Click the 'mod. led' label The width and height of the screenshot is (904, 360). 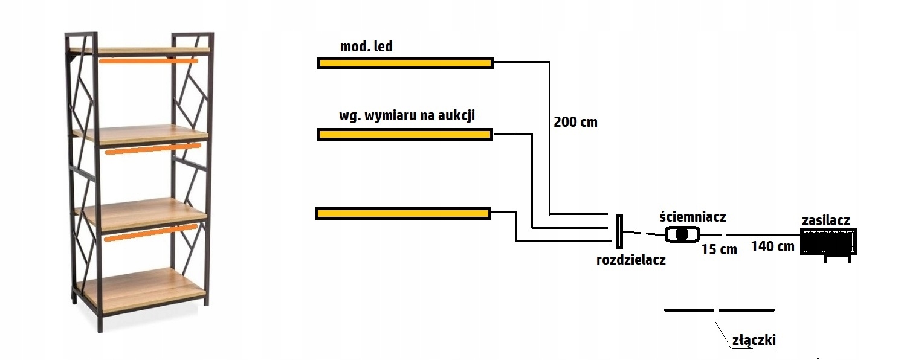click(366, 47)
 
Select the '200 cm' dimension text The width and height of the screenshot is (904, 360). click(575, 122)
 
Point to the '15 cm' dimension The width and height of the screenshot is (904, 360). click(719, 249)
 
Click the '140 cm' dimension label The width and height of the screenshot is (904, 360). click(772, 246)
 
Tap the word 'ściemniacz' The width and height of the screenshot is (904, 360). click(693, 216)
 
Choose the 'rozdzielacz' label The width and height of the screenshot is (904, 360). click(631, 260)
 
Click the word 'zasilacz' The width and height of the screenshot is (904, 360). click(825, 220)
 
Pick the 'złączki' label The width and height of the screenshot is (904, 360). click(754, 340)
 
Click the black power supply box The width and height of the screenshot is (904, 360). click(828, 242)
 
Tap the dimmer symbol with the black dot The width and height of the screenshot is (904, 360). click(682, 234)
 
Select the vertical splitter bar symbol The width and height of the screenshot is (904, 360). click(618, 231)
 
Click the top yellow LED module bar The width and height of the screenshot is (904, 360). click(405, 63)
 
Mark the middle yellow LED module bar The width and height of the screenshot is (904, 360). click(404, 134)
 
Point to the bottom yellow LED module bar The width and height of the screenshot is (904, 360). click(402, 213)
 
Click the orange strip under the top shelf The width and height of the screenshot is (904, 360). click(149, 61)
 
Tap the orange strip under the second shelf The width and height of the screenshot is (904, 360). click(152, 149)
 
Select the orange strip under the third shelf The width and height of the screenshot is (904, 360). click(150, 233)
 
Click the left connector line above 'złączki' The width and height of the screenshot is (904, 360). click(689, 310)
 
